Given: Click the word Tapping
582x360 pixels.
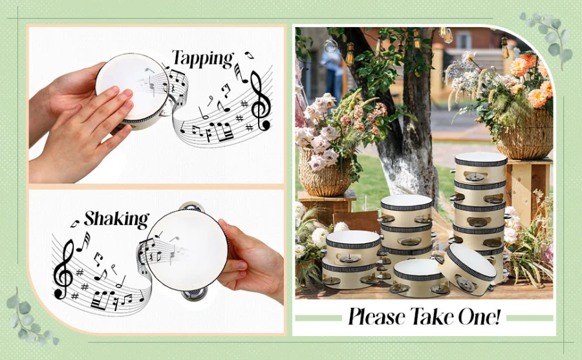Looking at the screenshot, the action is point(202,59).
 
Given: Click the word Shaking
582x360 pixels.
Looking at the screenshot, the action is point(116,219).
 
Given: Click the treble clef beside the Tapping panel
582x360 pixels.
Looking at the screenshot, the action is point(260,101).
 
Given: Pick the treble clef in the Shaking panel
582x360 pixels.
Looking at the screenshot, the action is point(64,269).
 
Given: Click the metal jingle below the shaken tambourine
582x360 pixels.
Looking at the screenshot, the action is point(194,295).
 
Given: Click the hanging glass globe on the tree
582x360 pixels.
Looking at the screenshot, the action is point(330,46).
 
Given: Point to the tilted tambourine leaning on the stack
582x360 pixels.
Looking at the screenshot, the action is point(471,269).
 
